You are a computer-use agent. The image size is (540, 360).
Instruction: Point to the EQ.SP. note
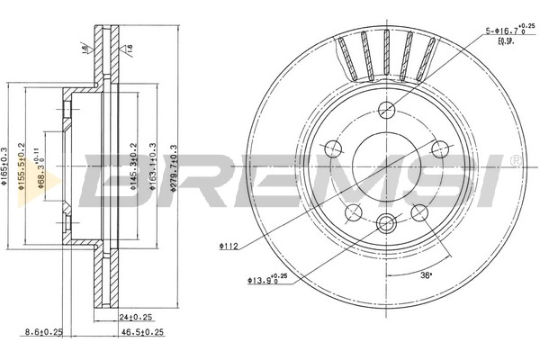tap(507, 40)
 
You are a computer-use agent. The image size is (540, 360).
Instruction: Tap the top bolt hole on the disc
tap(387, 110)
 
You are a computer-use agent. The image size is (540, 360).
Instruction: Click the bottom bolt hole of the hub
tap(387, 225)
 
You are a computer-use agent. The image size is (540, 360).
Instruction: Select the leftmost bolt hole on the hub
tap(332, 149)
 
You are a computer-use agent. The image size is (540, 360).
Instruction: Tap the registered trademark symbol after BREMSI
tap(514, 161)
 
